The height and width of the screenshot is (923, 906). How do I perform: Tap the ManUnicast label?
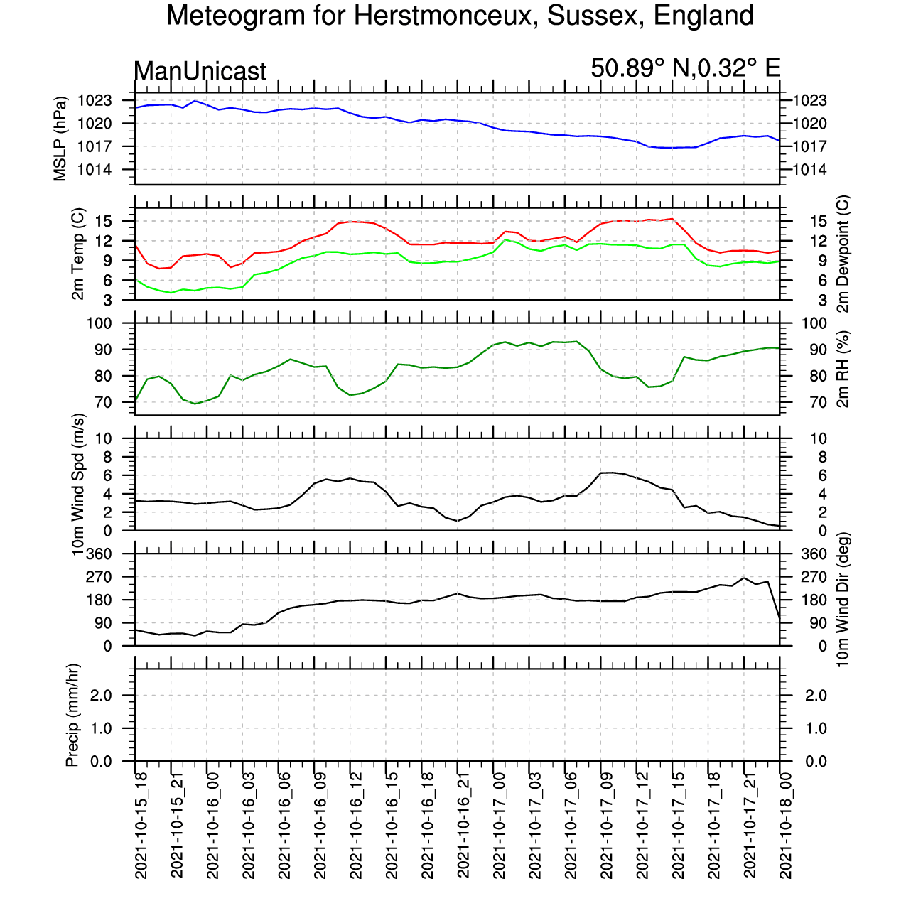click(x=200, y=71)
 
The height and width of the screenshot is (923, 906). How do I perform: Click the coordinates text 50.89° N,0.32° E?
click(x=685, y=68)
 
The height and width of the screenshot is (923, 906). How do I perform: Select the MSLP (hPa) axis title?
click(x=60, y=139)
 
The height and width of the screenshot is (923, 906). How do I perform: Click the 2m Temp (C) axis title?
click(x=78, y=254)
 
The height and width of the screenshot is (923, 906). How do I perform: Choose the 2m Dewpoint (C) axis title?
click(x=843, y=254)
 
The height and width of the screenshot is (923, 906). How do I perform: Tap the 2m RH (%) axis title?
click(x=843, y=369)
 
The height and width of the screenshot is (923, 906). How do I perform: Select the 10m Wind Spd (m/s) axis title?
click(x=78, y=485)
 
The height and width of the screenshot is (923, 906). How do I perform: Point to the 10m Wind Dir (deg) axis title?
click(x=843, y=600)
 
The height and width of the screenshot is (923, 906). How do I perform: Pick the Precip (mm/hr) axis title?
click(x=72, y=715)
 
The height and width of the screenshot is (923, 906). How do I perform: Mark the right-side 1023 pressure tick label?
click(x=810, y=101)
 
